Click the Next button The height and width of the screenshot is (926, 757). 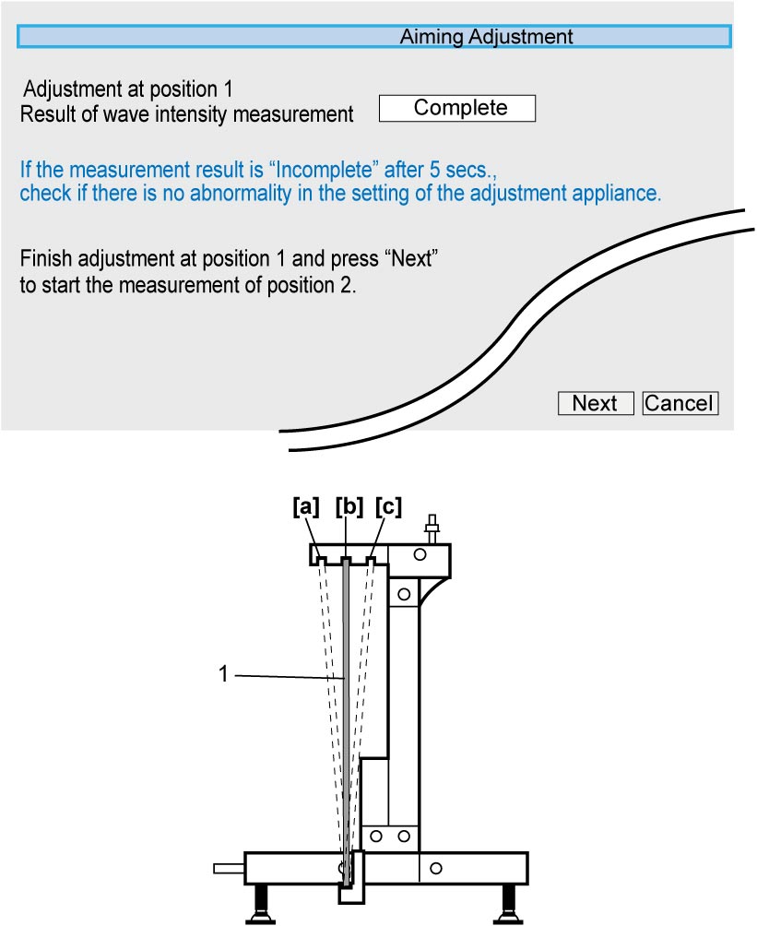click(x=596, y=403)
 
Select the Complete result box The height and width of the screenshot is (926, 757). click(x=457, y=108)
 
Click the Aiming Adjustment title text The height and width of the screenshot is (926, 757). click(x=486, y=37)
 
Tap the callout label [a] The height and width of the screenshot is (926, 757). click(x=306, y=506)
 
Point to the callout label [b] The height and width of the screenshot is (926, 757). click(x=349, y=506)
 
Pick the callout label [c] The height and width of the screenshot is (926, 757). click(x=388, y=506)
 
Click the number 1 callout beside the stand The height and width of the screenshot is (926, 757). click(x=223, y=674)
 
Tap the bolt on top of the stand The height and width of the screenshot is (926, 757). click(x=432, y=528)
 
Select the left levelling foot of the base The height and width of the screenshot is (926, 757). click(x=259, y=904)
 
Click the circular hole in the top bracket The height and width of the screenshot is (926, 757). click(x=420, y=554)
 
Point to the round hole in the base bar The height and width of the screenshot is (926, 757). click(x=436, y=868)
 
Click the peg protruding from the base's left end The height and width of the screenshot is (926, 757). click(x=229, y=868)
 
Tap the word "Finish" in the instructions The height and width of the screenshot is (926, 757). click(x=46, y=258)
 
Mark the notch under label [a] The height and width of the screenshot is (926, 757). click(x=322, y=560)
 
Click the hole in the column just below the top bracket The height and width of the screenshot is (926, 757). click(x=404, y=594)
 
